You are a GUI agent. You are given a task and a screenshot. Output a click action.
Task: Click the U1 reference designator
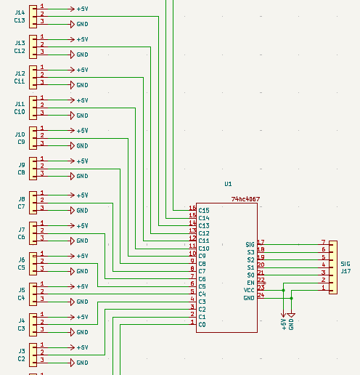[228, 185]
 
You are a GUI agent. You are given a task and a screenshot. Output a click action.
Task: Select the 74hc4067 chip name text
[245, 199]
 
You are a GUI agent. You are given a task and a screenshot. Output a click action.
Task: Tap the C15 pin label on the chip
[204, 211]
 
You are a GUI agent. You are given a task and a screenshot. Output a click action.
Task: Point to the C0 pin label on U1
[202, 325]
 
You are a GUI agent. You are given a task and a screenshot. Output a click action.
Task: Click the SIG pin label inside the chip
[250, 245]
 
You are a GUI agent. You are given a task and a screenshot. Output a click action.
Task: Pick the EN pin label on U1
[250, 283]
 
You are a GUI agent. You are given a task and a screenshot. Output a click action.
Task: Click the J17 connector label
[345, 271]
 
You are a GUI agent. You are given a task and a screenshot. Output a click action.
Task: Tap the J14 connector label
[20, 12]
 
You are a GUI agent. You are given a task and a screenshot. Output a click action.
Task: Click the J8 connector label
[21, 199]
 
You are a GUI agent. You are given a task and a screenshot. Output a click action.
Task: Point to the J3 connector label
[21, 351]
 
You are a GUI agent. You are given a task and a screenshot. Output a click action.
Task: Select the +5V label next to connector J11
[82, 100]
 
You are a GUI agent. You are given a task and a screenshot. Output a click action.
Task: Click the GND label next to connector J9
[82, 177]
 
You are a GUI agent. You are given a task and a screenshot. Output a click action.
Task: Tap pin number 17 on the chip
[261, 242]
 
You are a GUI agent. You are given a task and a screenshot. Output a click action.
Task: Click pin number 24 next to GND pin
[261, 295]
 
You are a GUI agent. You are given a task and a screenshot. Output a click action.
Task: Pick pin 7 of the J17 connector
[323, 242]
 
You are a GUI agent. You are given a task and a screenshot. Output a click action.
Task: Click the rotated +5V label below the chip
[283, 324]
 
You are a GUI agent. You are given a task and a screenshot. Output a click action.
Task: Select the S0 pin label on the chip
[250, 275]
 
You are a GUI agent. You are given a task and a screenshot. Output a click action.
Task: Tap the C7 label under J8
[21, 207]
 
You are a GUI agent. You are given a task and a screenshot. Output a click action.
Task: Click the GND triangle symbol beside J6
[71, 271]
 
